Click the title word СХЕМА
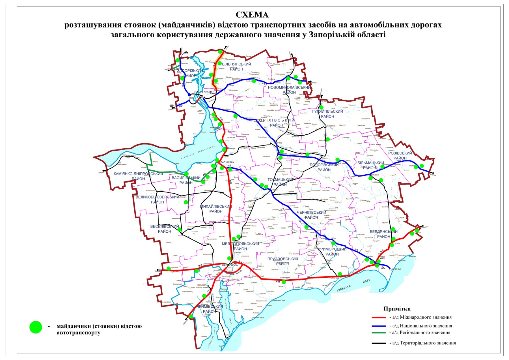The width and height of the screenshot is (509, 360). (x=252, y=15)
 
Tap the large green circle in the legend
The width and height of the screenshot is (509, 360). (x=36, y=327)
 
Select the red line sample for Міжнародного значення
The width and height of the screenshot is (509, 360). (x=379, y=318)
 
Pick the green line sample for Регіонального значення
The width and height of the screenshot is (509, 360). (x=379, y=333)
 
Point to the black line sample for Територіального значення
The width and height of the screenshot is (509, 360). (x=379, y=343)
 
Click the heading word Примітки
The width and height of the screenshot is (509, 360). (x=397, y=309)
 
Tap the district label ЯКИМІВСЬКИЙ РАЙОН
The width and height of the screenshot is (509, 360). (x=210, y=309)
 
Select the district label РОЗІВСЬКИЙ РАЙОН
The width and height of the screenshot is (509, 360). (x=400, y=156)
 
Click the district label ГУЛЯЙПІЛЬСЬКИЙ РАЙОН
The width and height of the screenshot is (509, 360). (x=327, y=114)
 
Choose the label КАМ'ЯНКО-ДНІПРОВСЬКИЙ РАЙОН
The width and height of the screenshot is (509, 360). (x=138, y=176)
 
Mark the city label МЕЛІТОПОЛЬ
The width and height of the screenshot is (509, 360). (x=230, y=265)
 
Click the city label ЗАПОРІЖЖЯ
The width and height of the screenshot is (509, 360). (x=204, y=92)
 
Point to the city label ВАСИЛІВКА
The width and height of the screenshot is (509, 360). (x=227, y=162)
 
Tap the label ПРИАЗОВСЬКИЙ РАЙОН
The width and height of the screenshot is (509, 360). (x=282, y=261)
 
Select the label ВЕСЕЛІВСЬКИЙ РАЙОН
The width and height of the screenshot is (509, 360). (x=165, y=229)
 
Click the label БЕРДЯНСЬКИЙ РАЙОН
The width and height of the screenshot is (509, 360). (x=383, y=234)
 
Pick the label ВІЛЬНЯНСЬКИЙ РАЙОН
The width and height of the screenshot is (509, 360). (x=236, y=67)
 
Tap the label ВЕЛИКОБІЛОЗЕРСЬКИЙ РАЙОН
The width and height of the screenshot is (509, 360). (x=157, y=200)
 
